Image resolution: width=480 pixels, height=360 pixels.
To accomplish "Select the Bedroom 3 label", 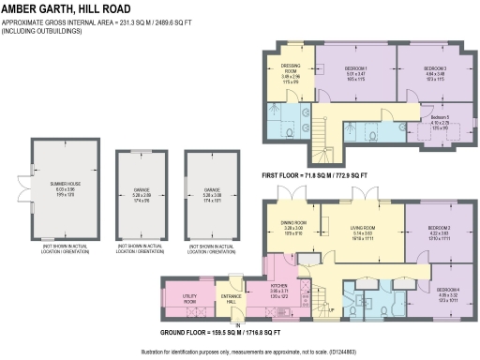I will (434, 73).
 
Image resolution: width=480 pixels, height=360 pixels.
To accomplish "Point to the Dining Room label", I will (293, 227).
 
